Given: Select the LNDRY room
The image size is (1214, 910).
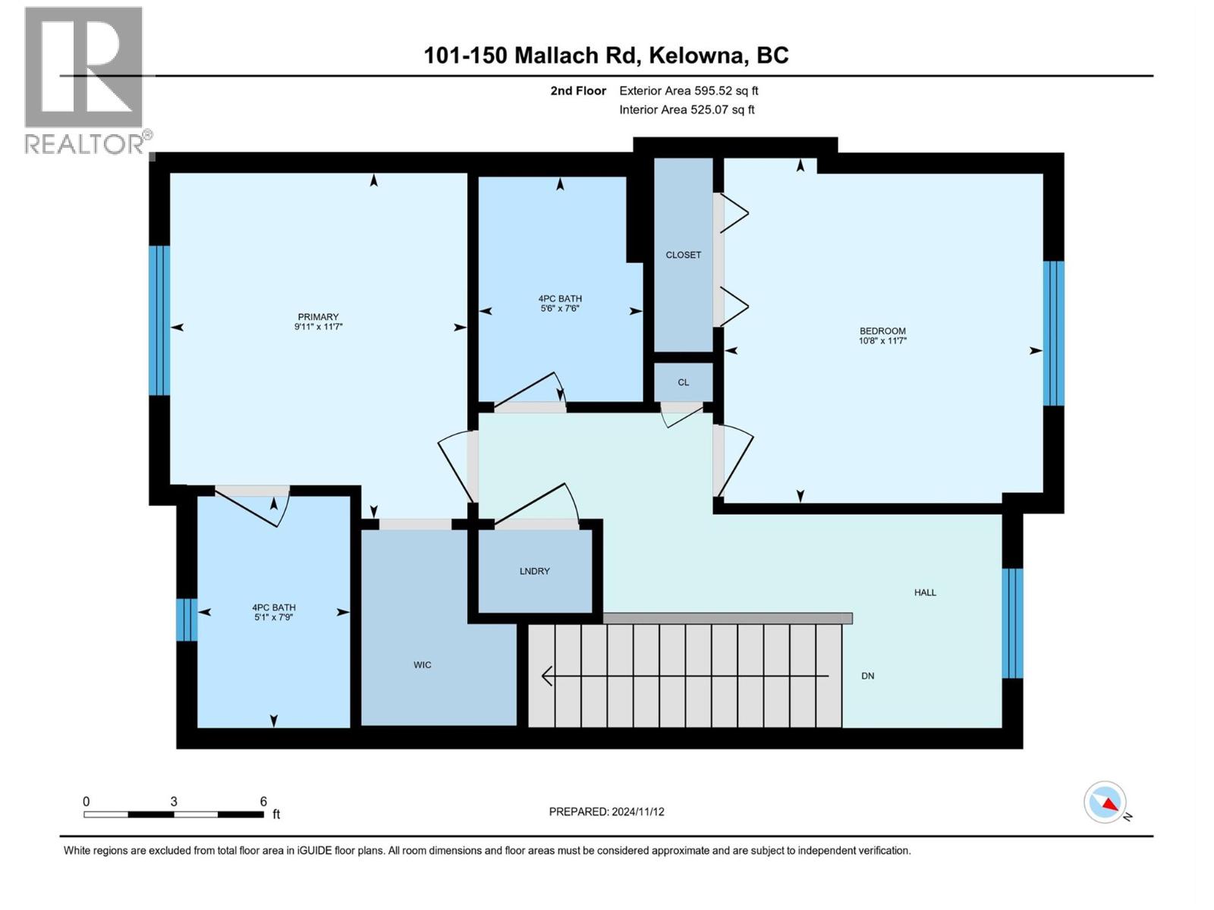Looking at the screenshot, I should [535, 571].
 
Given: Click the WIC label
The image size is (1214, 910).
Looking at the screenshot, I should [423, 665].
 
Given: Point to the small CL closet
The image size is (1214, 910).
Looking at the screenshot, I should [684, 382].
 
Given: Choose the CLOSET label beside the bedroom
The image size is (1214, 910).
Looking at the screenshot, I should [684, 255].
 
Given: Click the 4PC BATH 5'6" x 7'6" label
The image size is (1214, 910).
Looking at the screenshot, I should [560, 303].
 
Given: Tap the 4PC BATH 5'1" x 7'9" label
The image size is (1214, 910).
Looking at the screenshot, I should [274, 612].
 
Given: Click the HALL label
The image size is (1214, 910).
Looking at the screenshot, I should [925, 592].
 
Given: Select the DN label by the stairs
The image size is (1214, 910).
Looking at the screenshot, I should [868, 676].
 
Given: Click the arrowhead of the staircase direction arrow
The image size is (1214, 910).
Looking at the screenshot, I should [546, 675].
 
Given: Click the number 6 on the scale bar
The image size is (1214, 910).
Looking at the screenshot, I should [263, 802].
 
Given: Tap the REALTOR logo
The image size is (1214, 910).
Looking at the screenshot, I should [85, 80].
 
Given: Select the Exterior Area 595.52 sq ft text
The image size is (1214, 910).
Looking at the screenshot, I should [688, 91].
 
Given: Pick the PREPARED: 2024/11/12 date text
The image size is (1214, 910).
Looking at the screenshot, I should [606, 811].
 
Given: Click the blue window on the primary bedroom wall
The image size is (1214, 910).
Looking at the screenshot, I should [159, 321].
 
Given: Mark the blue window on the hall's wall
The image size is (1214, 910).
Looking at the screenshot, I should [1012, 623].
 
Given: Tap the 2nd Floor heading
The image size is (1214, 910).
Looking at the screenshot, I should [578, 91].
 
